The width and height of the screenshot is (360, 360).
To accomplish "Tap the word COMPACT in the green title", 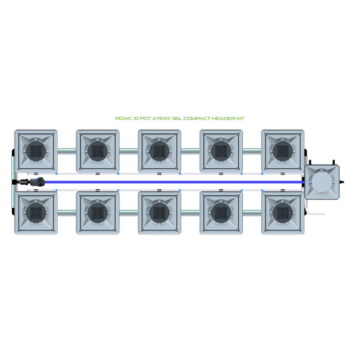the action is click(197, 118).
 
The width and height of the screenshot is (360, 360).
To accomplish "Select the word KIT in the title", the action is click(240, 118).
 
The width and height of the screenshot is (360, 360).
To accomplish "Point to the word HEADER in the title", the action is click(223, 118).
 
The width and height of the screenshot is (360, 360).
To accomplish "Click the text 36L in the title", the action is click(177, 118).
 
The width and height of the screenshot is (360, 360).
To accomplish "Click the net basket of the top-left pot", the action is click(36, 151).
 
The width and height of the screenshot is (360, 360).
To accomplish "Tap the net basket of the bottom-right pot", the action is click(283, 212).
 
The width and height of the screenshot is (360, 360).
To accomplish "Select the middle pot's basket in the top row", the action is click(159, 151).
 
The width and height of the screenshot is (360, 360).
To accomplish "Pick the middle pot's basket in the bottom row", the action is click(159, 212).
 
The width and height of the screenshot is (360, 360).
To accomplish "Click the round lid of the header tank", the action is click(321, 182).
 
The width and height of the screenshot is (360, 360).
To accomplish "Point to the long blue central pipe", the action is click(174, 182).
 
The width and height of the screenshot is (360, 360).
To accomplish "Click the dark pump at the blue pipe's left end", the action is click(37, 182).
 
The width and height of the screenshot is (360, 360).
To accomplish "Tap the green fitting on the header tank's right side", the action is click(341, 182).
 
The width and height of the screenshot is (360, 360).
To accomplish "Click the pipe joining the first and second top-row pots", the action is click(67, 151).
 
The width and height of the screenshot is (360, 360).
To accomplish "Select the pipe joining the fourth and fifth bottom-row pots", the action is click(252, 212).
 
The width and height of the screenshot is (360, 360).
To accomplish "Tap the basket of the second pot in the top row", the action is click(98, 151).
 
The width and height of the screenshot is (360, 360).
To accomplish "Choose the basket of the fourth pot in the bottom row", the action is click(221, 212).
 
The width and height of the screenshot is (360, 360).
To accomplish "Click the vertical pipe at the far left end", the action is click(14, 182).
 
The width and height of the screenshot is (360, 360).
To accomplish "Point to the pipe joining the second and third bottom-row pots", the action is click(129, 212).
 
